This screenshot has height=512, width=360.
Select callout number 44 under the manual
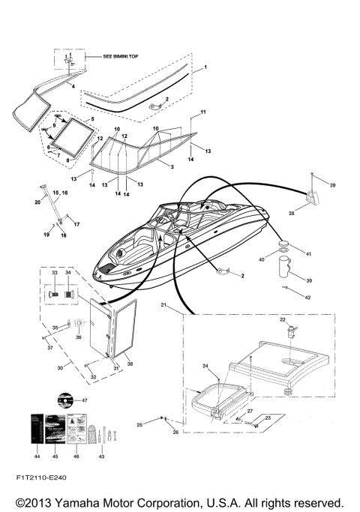pyautogui.click(x=37, y=456)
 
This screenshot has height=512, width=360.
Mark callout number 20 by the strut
pyautogui.click(x=37, y=202)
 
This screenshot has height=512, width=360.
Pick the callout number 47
pyautogui.click(x=85, y=401)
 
